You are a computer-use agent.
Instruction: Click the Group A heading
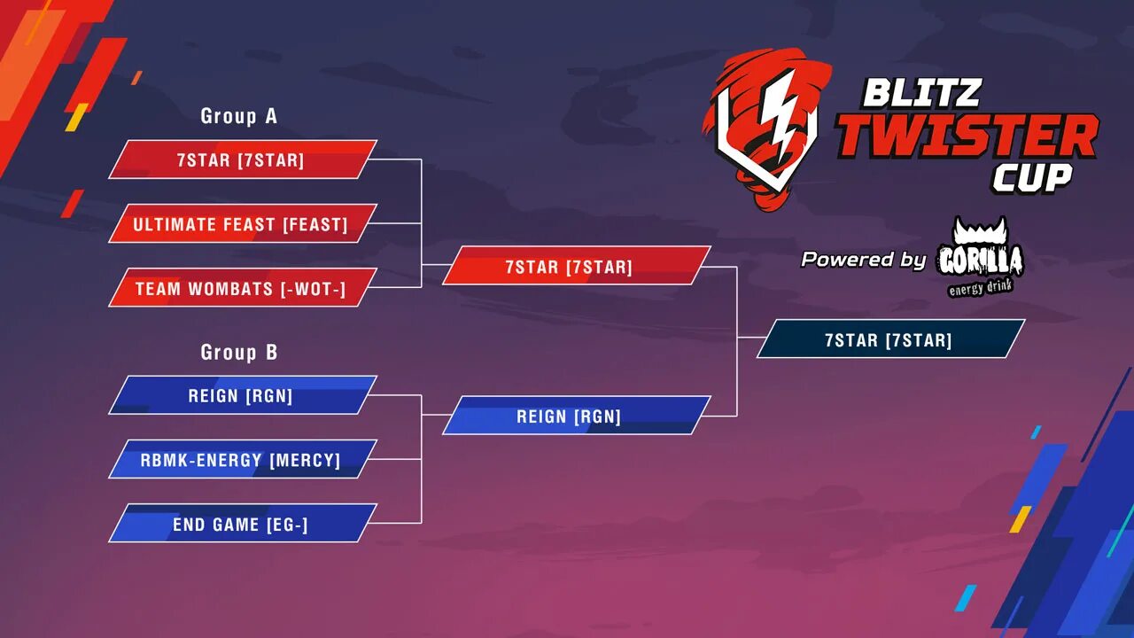click(238, 116)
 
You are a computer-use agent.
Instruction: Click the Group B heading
click(238, 353)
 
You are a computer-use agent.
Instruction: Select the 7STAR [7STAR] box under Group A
click(242, 159)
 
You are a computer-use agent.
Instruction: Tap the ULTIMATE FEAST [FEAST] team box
click(242, 224)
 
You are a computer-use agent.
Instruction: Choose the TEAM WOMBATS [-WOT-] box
click(242, 288)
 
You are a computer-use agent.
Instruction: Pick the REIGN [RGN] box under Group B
click(242, 395)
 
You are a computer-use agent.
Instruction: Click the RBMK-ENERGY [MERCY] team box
click(242, 460)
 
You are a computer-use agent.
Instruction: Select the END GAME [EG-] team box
click(242, 524)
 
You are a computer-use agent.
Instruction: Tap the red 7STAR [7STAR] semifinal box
click(576, 266)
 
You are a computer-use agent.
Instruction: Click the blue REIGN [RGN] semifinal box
click(576, 416)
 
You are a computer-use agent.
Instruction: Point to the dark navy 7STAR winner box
click(890, 339)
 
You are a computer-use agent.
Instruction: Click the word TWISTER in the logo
click(967, 136)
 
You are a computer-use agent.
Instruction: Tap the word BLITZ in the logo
click(921, 92)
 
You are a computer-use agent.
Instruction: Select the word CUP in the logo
click(1031, 178)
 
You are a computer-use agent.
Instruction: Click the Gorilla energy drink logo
click(980, 258)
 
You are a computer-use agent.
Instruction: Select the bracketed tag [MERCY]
click(305, 460)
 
